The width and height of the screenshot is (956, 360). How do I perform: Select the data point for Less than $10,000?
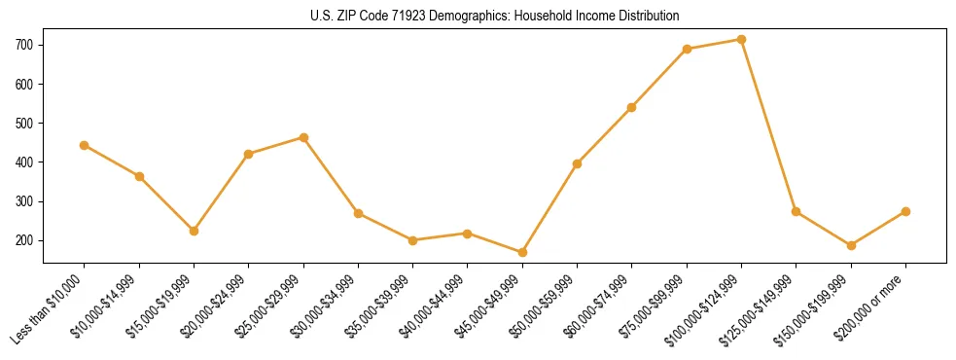point(85,145)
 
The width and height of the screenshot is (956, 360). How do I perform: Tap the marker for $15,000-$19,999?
point(194,231)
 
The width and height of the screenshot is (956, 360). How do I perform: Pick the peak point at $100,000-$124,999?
point(741,40)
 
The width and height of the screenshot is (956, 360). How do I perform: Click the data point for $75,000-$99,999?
point(687,49)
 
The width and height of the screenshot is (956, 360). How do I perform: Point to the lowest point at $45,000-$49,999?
point(522,252)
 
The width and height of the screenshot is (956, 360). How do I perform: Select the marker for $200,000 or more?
point(905,211)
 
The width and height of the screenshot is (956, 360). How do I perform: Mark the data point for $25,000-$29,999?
point(303,137)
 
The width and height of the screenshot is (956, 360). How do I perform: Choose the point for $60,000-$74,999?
point(632,107)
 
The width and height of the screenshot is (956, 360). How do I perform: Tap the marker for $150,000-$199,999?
point(851,245)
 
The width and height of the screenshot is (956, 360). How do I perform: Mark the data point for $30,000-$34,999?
point(358,213)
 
